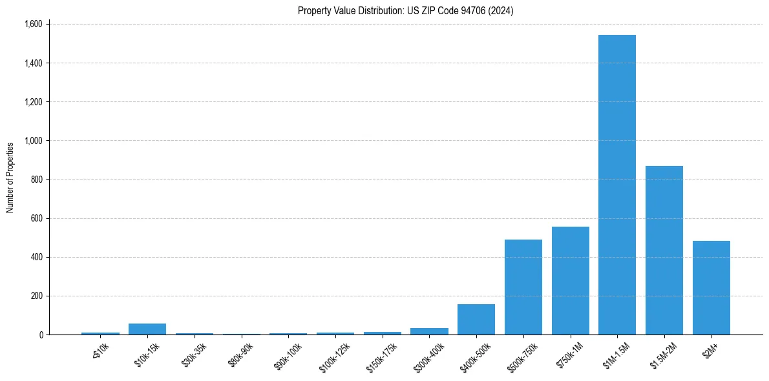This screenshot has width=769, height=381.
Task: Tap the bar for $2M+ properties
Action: (x=711, y=288)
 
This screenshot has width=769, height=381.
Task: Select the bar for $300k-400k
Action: (x=429, y=331)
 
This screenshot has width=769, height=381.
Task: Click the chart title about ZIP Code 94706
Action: (x=406, y=11)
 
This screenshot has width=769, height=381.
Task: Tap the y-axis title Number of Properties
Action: (x=10, y=178)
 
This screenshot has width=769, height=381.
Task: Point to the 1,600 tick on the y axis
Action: (x=33, y=25)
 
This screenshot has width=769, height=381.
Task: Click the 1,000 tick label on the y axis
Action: (x=33, y=141)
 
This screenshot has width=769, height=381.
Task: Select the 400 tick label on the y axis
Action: (x=37, y=257)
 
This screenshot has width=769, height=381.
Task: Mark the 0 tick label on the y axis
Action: (x=41, y=335)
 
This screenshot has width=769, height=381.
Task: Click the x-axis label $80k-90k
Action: (x=240, y=355)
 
